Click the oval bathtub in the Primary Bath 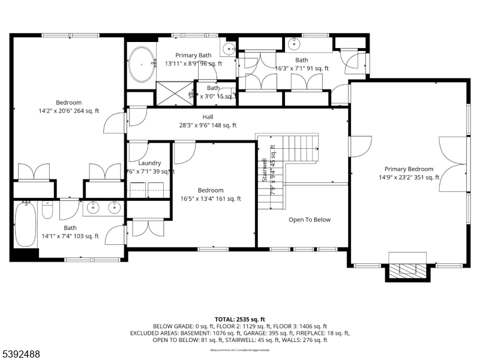pos(142,64)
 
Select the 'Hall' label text pos(208,117)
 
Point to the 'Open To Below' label pos(309,220)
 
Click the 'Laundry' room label pos(149,163)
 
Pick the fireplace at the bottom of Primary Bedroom pos(408,271)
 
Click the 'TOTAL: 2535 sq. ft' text pos(239,319)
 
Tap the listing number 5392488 pos(21,355)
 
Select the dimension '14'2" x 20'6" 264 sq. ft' pos(68,110)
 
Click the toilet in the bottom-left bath pos(49,209)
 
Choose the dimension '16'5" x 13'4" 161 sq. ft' pos(211,199)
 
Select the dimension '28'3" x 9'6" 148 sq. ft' pos(208,125)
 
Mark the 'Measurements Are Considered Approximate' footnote pos(239,349)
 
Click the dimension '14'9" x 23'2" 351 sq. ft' pos(409,177)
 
